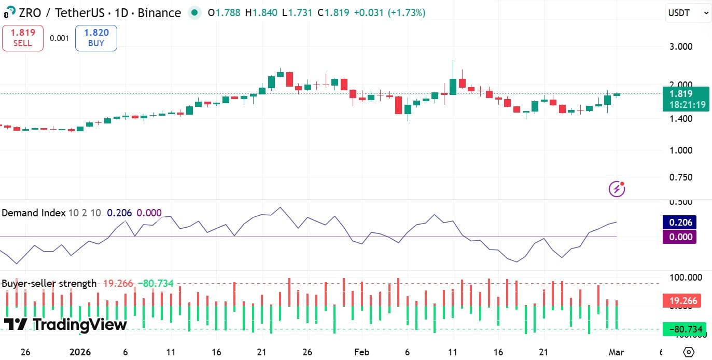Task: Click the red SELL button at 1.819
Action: coord(22,38)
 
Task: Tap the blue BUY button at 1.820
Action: coord(96,38)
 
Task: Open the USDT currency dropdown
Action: coord(688,13)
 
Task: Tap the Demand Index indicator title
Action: coord(34,213)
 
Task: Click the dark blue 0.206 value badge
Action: coord(679,223)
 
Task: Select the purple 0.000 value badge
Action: coord(679,237)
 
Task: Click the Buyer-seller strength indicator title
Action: coord(49,283)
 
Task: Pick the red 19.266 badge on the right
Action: coord(683,301)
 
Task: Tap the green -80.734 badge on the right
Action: coord(683,329)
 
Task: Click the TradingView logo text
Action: coord(65,325)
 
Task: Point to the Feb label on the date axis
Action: coord(362,352)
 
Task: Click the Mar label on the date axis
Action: coord(617,352)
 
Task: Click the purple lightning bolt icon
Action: coord(617,189)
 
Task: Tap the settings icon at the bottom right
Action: coord(689,352)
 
